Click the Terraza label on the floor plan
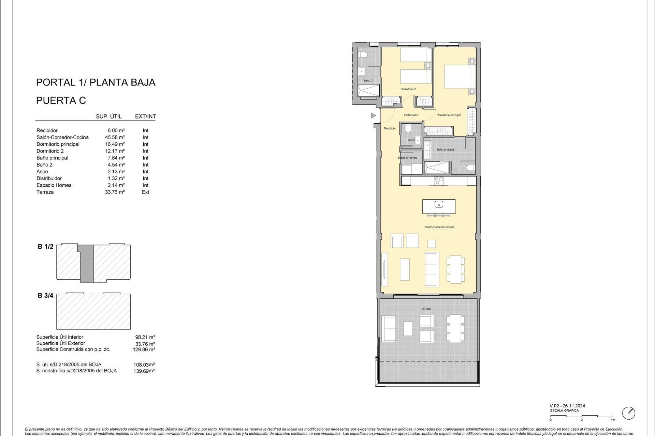pyautogui.click(x=426, y=309)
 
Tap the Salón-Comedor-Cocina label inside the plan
pyautogui.click(x=439, y=227)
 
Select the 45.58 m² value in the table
pyautogui.click(x=115, y=137)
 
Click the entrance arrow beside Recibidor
pyautogui.click(x=373, y=116)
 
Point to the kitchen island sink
pyautogui.click(x=439, y=204)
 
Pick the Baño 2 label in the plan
pyautogui.click(x=368, y=81)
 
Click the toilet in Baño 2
pyautogui.click(x=363, y=54)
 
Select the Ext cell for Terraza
pyautogui.click(x=145, y=192)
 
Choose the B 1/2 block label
pyautogui.click(x=45, y=247)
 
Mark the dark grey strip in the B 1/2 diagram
pyautogui.click(x=87, y=263)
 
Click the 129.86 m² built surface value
pyautogui.click(x=144, y=349)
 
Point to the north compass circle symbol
pyautogui.click(x=628, y=413)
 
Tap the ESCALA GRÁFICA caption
pyautogui.click(x=564, y=411)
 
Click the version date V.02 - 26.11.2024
pyautogui.click(x=567, y=406)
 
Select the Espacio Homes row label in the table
pyautogui.click(x=54, y=185)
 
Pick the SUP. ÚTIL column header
pyautogui.click(x=108, y=116)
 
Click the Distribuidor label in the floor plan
pyautogui.click(x=411, y=115)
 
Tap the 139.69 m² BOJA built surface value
pyautogui.click(x=144, y=371)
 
